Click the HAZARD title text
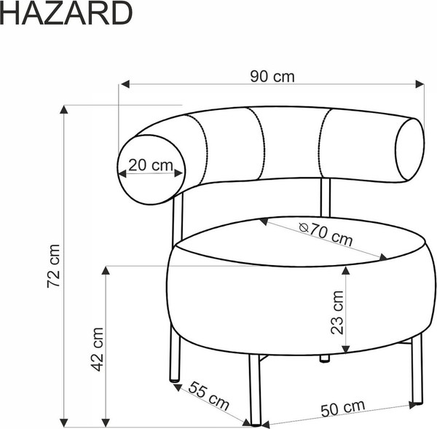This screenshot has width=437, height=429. (x=66, y=13)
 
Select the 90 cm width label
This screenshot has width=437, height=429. (x=272, y=76)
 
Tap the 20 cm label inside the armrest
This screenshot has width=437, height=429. (x=150, y=165)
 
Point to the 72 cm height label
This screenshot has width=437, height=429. (x=52, y=267)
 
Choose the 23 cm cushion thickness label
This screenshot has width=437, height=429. (x=336, y=312)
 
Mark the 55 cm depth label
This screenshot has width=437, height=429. (x=208, y=395)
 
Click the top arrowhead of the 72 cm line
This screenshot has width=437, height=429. (x=64, y=111)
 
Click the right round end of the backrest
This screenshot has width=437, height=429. (x=409, y=149)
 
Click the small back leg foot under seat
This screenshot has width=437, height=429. (x=324, y=358)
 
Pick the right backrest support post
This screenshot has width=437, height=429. (x=326, y=197)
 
